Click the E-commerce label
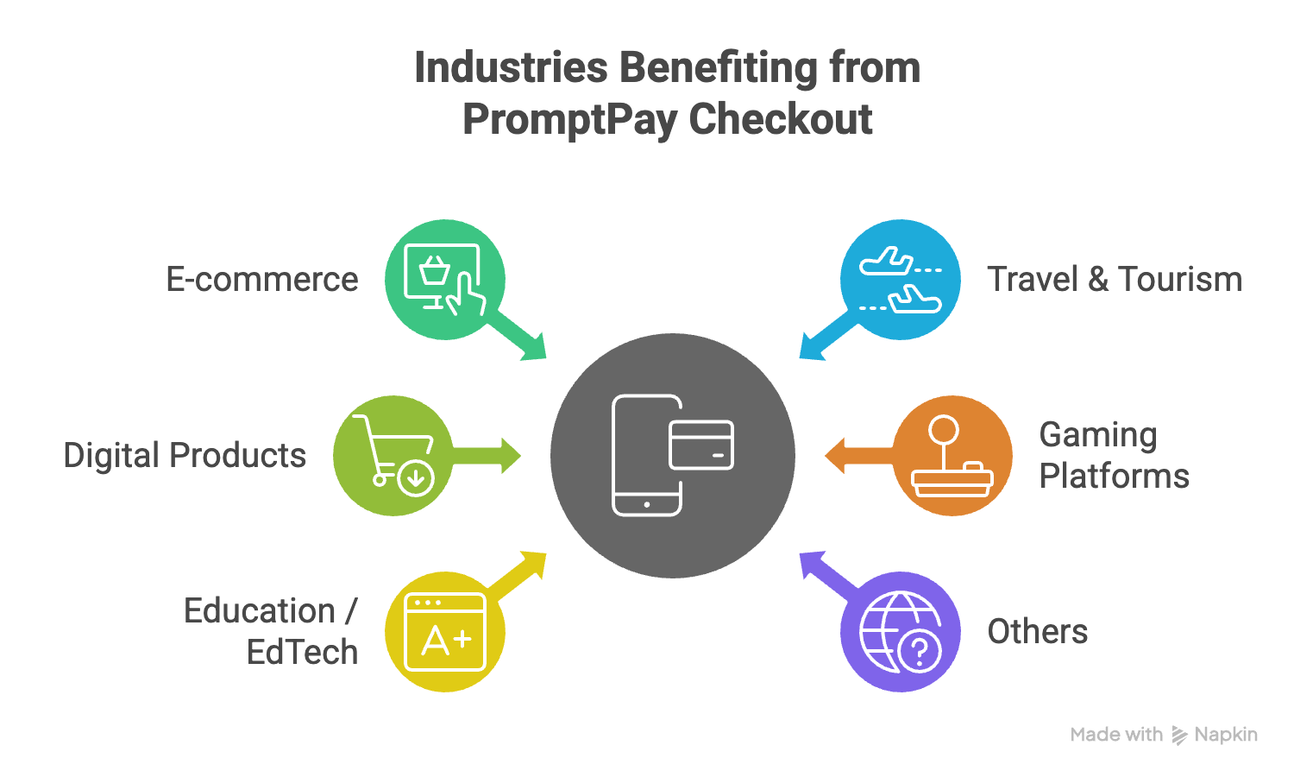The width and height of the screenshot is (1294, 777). tap(261, 280)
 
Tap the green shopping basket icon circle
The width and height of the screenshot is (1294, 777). tap(445, 280)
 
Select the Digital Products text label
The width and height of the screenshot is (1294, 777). tap(185, 456)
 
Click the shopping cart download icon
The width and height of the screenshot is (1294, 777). tap(393, 456)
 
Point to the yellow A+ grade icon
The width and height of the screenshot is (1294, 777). tap(445, 632)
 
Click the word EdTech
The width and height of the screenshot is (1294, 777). tap(302, 653)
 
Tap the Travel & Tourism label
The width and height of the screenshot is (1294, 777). tap(1115, 280)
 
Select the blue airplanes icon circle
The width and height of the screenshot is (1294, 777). tap(900, 280)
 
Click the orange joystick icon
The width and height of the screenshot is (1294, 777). tap(952, 456)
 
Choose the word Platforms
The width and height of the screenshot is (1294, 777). tap(1115, 477)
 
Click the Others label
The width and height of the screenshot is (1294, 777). tap(1038, 632)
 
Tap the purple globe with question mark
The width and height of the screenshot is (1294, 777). tap(900, 632)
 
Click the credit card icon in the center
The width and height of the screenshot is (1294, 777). tap(701, 445)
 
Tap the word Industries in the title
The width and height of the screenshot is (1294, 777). tap(510, 67)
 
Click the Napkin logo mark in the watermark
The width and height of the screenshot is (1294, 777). tap(1179, 736)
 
